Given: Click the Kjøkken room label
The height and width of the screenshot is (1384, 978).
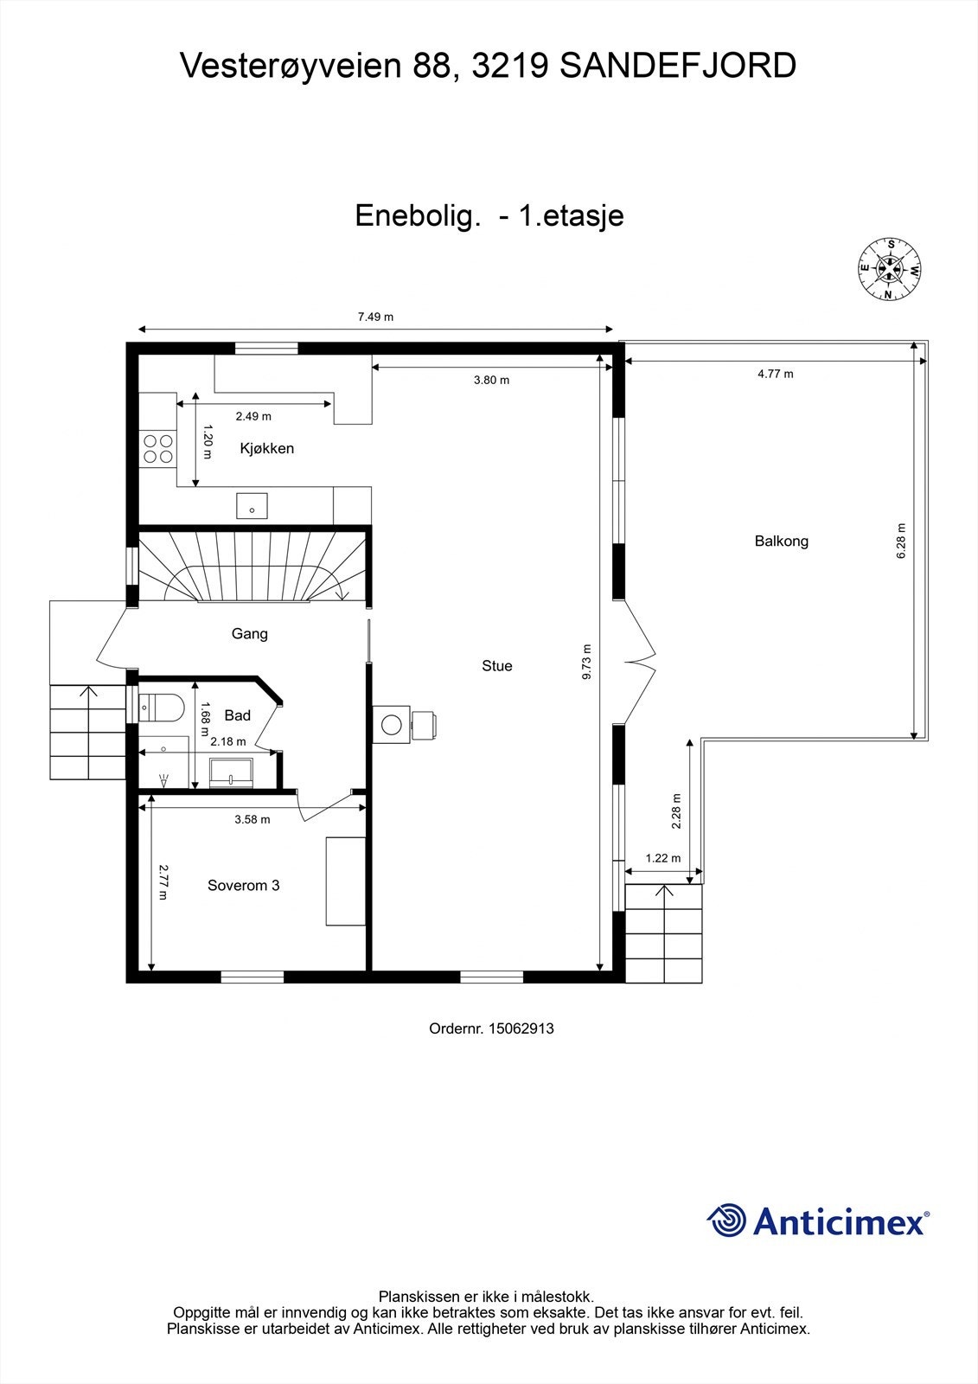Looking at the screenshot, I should coord(266,448).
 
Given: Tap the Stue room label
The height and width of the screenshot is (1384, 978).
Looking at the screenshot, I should coord(496,665).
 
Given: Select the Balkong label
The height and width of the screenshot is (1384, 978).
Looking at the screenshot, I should coord(781,541).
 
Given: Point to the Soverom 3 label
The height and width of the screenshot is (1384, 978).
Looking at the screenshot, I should coord(243,885).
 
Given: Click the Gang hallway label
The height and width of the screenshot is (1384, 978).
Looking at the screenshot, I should coord(249,633).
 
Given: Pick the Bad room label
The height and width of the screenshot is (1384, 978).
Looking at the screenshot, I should coord(237,714).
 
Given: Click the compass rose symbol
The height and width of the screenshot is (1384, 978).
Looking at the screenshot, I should coord(889,269).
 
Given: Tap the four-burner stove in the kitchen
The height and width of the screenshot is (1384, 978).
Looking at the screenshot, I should coord(158,448).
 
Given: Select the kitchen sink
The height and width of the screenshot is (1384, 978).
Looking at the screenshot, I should coord(252,506).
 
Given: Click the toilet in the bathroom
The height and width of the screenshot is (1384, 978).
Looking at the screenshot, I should coord(162,708).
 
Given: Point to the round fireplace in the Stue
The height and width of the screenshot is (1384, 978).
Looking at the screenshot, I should coord(392,724).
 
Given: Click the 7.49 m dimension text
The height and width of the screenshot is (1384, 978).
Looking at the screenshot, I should coord(375,317).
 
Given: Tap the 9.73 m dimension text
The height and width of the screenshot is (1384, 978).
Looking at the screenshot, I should coord(587,662).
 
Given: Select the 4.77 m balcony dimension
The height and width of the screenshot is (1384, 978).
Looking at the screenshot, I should coord(775,374).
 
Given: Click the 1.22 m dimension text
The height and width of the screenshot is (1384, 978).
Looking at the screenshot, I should coord(663,858).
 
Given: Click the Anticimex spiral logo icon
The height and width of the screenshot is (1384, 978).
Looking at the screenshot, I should coord(726,1221).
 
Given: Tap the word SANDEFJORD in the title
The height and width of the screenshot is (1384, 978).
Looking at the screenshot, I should coord(678,66).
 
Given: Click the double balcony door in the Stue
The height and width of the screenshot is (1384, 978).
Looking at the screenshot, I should coord(638,662).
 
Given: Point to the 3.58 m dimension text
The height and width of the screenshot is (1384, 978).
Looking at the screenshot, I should coord(252,819).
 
